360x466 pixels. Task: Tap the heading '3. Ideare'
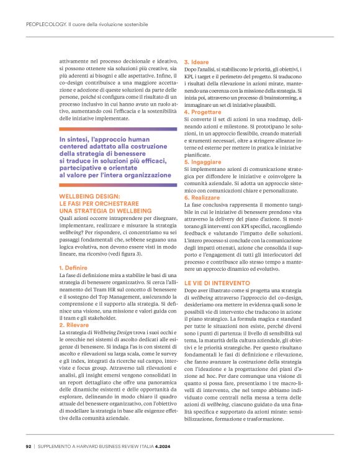196,63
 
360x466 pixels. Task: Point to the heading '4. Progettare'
202,112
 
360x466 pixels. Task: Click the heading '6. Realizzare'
202,196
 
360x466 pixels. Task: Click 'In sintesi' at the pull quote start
74,140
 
